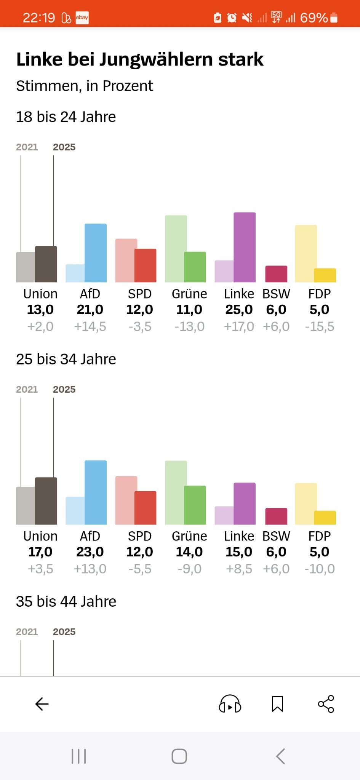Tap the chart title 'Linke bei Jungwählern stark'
click(140, 59)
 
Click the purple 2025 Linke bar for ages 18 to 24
click(245, 247)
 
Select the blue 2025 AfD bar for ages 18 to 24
click(96, 253)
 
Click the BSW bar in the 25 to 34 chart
click(276, 516)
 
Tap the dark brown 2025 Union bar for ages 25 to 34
click(46, 501)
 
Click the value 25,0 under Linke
click(239, 310)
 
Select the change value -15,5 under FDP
click(319, 326)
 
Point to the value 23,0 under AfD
click(90, 552)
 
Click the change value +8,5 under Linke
click(239, 569)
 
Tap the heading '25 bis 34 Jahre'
click(66, 359)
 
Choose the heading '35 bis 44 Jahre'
click(66, 601)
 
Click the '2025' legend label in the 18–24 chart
click(64, 147)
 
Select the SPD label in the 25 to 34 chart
click(139, 536)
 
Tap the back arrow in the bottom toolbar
click(42, 704)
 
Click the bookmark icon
click(277, 704)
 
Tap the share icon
click(326, 704)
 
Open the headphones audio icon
click(230, 704)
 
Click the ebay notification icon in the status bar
click(82, 18)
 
